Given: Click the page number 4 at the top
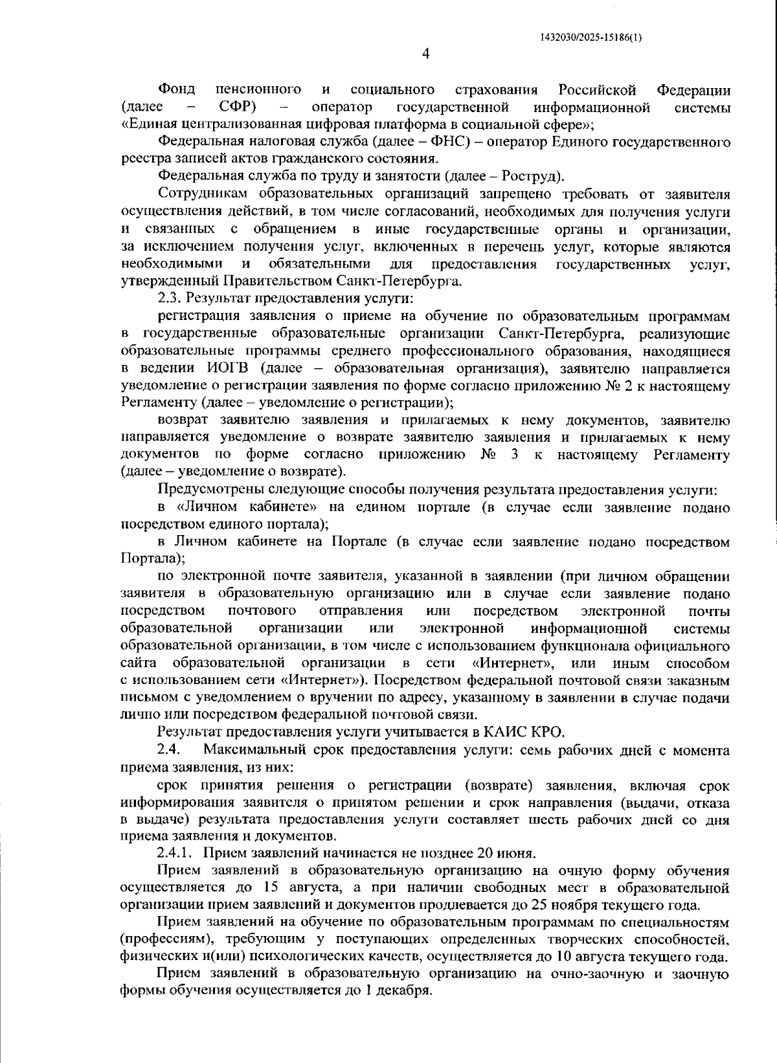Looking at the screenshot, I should (425, 54).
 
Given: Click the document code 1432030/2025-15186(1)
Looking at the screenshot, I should (591, 37).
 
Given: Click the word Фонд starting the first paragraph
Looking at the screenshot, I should (177, 89).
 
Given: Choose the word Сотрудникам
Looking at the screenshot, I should (203, 194).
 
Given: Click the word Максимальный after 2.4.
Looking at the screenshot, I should (251, 751).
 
